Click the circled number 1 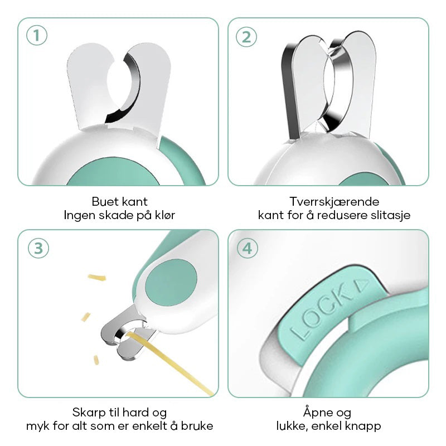pos(37,36)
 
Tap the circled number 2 pos(246,37)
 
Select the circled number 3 pos(38,248)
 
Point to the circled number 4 pos(248,248)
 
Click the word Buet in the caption pos(104,202)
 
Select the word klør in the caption pos(165,215)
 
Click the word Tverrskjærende pos(334,202)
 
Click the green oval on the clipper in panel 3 pos(171,282)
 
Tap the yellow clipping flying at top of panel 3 pos(97,277)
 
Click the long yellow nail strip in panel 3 pos(170,364)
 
